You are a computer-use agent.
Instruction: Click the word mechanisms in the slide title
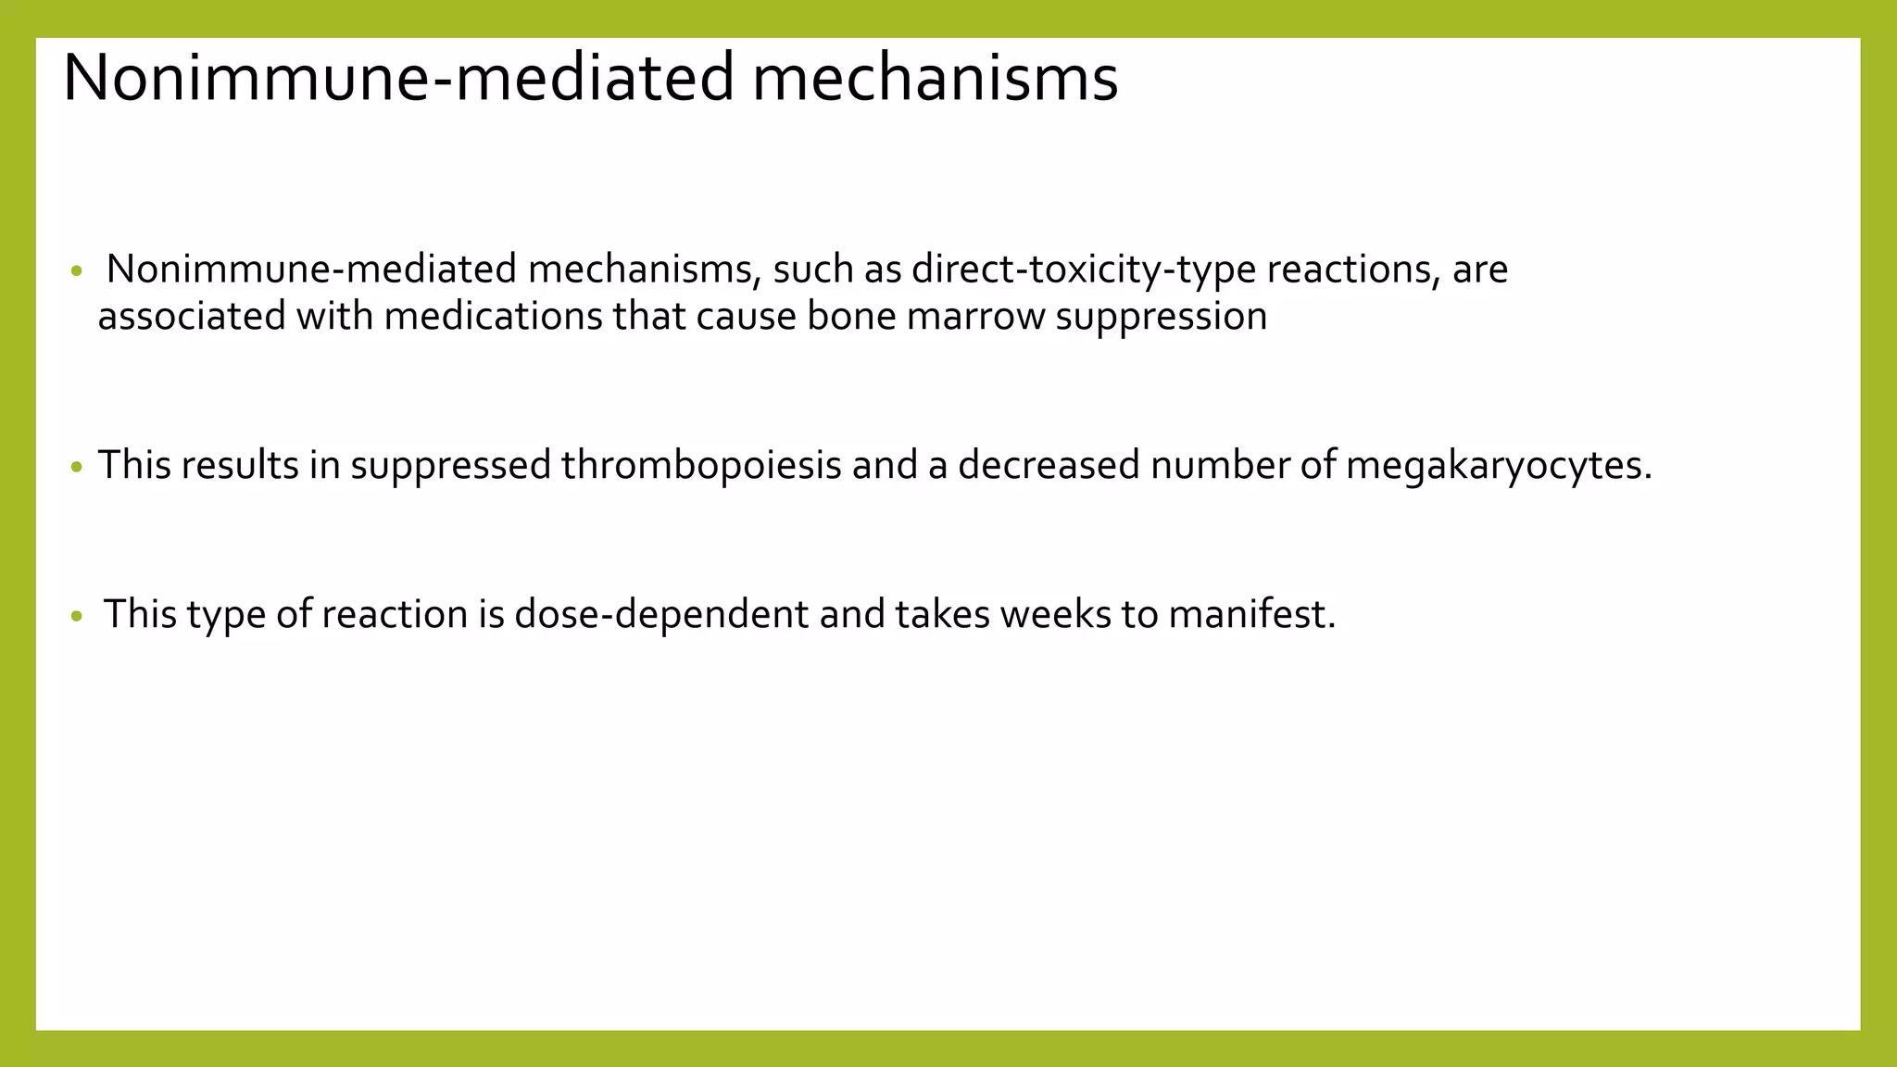coord(935,78)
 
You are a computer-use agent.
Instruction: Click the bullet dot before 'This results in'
coord(77,466)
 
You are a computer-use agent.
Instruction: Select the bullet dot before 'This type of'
coord(77,616)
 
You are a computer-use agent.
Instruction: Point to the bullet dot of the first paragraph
coord(77,272)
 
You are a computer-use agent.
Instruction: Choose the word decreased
coord(1049,465)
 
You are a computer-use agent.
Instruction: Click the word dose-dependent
coord(661,615)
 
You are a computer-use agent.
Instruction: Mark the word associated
coord(192,317)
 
